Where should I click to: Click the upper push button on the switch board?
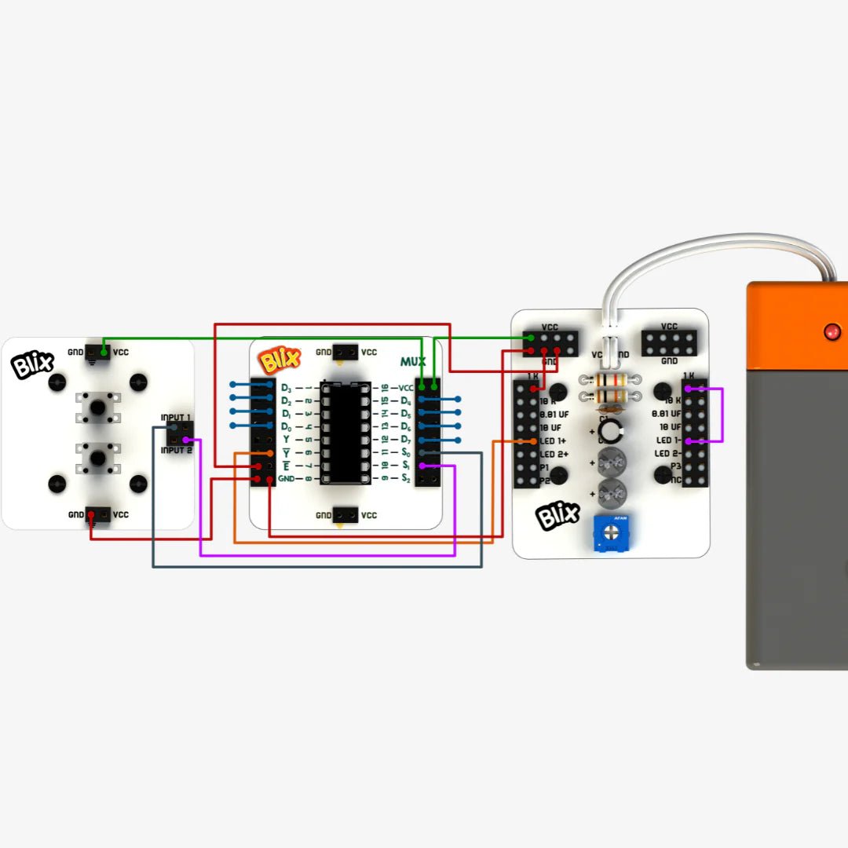97,408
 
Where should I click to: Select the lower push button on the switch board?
97,456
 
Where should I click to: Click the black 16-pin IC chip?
345,433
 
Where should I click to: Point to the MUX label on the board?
413,362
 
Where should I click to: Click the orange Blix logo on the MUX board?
280,360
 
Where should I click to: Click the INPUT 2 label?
176,450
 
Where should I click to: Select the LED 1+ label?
554,441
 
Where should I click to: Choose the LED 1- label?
667,441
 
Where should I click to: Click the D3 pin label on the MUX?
287,388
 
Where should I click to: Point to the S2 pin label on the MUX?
406,478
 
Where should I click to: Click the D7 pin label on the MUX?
406,439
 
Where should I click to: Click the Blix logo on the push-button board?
33,365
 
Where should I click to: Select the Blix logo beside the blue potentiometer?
558,517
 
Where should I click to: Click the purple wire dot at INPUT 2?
185,440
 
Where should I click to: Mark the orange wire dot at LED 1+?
534,441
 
